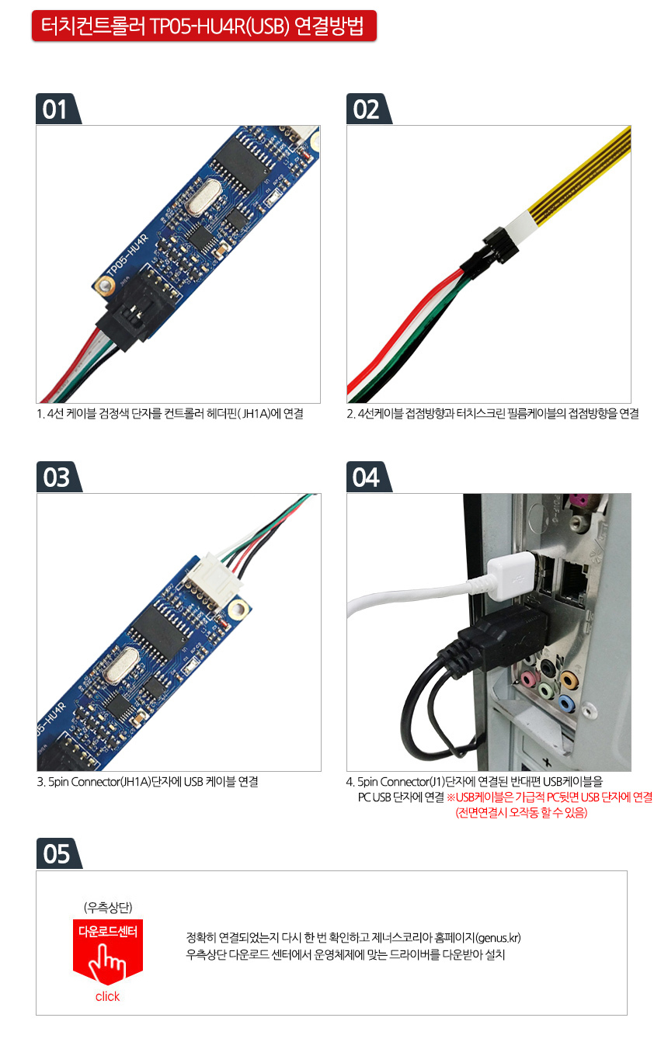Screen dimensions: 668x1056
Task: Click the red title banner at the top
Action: click(x=204, y=26)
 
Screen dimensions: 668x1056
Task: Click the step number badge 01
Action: click(x=57, y=109)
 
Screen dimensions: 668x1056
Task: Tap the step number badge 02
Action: click(x=368, y=109)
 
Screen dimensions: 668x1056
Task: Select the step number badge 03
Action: click(x=58, y=477)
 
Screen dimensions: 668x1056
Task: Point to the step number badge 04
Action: click(x=368, y=477)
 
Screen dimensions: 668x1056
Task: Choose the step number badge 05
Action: click(x=58, y=853)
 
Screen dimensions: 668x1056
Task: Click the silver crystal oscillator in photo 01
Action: click(x=204, y=197)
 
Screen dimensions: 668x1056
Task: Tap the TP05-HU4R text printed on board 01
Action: click(x=127, y=255)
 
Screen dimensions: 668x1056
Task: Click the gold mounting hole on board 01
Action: click(x=104, y=285)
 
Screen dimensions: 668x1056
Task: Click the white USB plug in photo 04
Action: click(x=511, y=575)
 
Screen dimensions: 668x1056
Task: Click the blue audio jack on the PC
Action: click(x=567, y=703)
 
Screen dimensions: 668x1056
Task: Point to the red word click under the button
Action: click(x=107, y=997)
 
